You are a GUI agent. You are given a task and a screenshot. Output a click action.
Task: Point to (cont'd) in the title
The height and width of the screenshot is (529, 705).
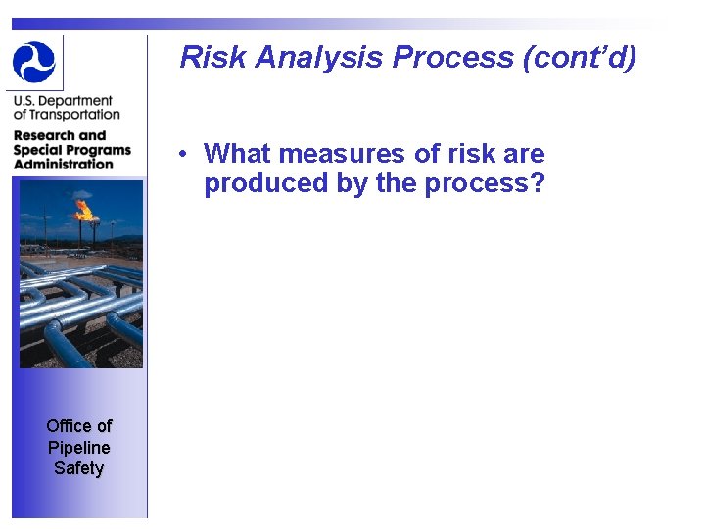[580, 58]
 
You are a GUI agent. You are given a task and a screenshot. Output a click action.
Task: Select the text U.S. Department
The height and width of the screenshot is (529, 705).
[63, 101]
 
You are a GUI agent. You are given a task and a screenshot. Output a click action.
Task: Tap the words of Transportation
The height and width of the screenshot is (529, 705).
[67, 115]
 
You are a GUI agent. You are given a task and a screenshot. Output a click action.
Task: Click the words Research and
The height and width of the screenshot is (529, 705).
[59, 135]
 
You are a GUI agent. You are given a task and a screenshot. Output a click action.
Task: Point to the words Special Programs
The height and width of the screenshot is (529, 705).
[71, 150]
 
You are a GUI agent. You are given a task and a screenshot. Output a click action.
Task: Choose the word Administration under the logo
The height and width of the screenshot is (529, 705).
[64, 164]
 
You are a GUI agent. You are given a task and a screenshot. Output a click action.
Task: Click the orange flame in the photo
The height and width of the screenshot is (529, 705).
[84, 209]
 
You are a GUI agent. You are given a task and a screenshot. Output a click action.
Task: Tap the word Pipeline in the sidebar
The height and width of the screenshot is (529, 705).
[79, 447]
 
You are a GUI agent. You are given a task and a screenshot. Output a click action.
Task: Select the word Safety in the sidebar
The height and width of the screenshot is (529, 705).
[79, 468]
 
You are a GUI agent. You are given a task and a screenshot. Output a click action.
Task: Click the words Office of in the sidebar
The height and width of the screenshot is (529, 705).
[79, 425]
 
